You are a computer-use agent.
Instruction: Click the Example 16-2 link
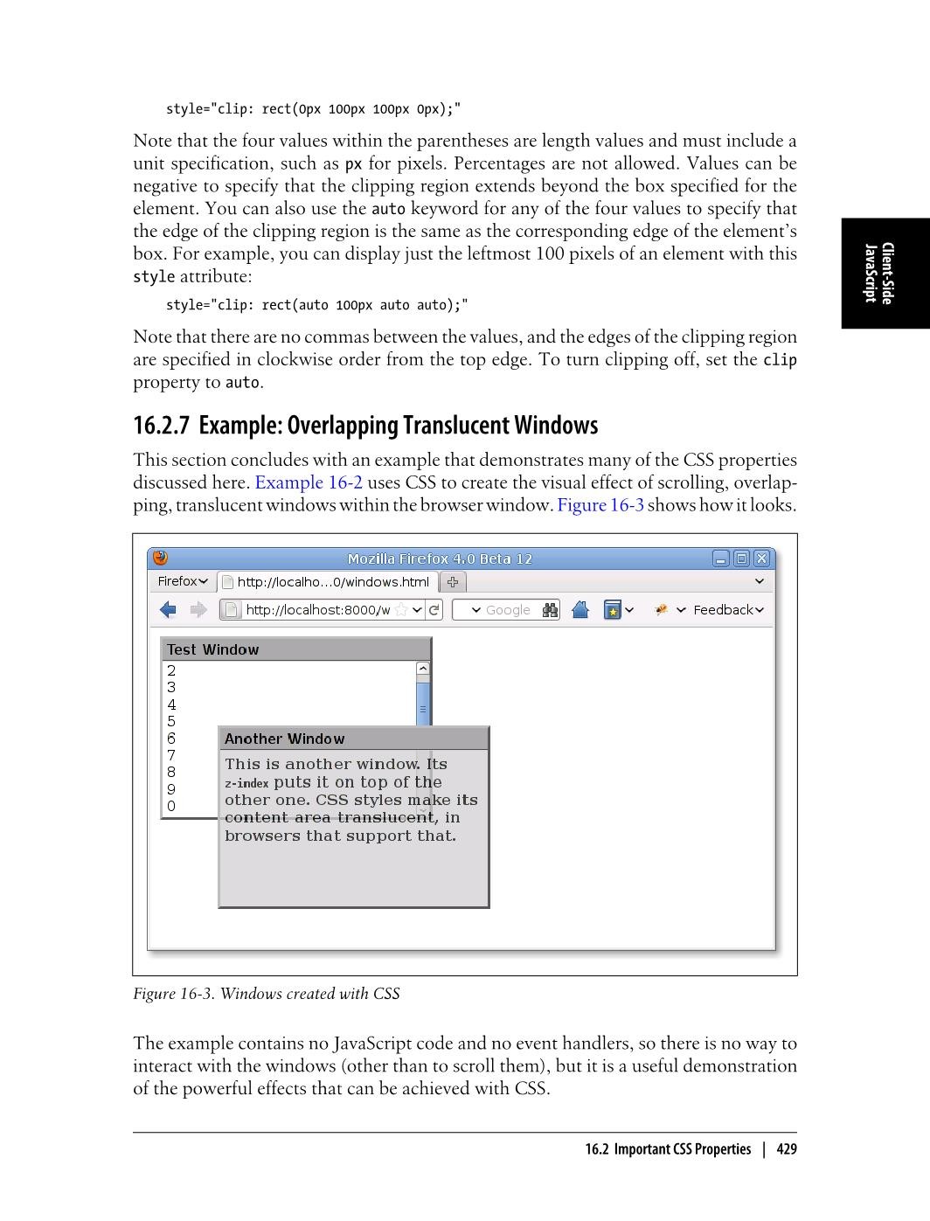click(309, 482)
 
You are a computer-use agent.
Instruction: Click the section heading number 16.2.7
click(161, 426)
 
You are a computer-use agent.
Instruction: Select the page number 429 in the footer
click(787, 1149)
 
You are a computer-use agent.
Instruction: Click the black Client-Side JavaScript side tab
click(885, 274)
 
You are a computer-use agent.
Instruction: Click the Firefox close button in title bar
click(761, 558)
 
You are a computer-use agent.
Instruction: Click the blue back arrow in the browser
click(169, 610)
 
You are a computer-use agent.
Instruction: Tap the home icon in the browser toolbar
click(580, 610)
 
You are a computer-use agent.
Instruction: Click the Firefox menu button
click(183, 581)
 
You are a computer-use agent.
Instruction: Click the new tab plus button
click(453, 582)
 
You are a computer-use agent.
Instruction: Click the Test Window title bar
click(295, 649)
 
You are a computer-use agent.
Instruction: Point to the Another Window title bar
click(353, 739)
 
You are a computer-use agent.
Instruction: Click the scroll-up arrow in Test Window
click(423, 669)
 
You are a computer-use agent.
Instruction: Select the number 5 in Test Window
click(171, 722)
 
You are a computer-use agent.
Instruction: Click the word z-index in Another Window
click(246, 784)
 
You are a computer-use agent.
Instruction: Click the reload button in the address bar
click(434, 610)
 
